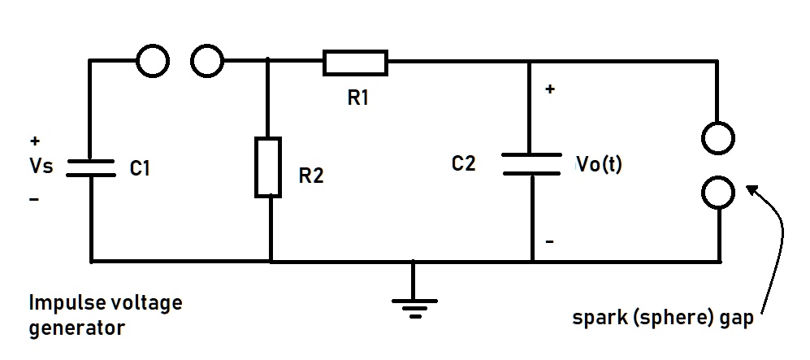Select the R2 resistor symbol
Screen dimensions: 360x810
268,167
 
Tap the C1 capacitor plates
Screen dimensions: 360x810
90,167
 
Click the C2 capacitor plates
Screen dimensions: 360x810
531,163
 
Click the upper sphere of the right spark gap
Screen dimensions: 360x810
720,139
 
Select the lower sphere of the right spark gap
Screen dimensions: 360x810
720,193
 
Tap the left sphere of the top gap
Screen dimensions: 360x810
153,60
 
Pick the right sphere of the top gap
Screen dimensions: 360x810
207,60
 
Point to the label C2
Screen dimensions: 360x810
463,164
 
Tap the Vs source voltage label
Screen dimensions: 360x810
41,167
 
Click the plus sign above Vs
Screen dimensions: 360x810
33,140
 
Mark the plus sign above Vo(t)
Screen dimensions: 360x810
550,89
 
